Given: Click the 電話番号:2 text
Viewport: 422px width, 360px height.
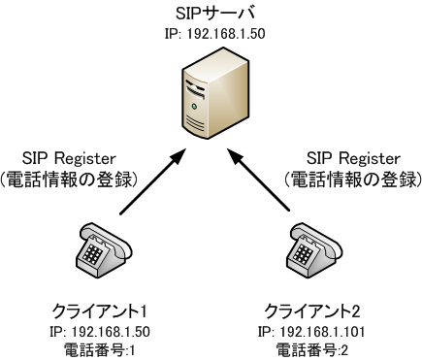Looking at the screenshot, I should pyautogui.click(x=314, y=347).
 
